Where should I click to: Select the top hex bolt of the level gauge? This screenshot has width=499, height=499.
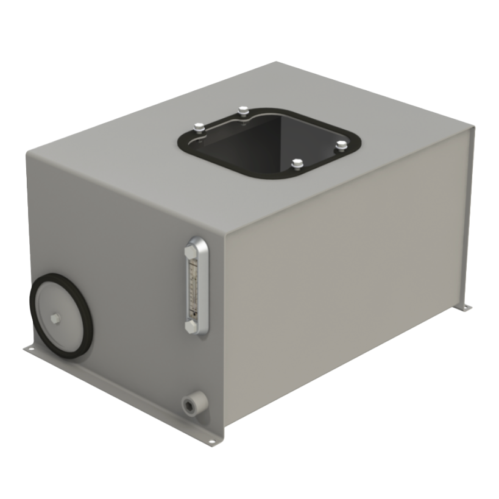point(191,249)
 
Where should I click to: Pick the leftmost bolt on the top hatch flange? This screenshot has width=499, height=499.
point(199,127)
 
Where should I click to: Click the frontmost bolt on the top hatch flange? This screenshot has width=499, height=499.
point(297,163)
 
